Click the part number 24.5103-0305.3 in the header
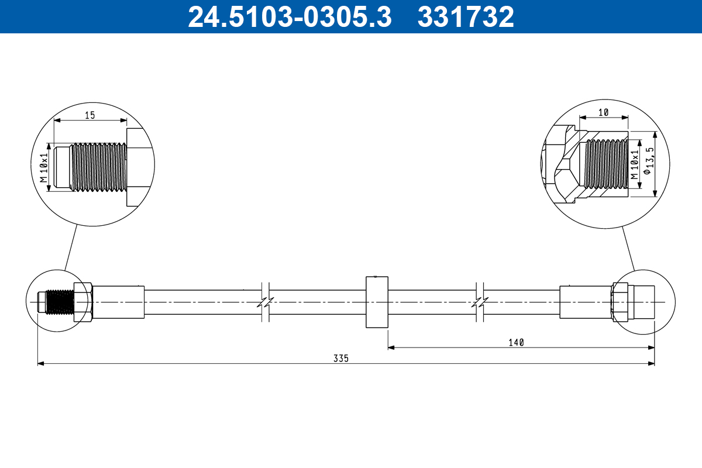(x=289, y=17)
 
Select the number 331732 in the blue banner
(x=466, y=17)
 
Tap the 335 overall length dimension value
(x=342, y=358)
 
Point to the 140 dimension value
(x=515, y=342)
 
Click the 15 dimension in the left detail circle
(x=90, y=115)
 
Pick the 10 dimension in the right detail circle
(x=603, y=112)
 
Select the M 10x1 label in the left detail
(x=43, y=167)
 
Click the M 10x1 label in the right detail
(x=634, y=164)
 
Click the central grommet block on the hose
(x=377, y=302)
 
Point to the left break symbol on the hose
(x=265, y=302)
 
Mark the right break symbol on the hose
(x=480, y=302)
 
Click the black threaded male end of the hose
(x=60, y=302)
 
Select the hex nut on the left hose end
(x=82, y=302)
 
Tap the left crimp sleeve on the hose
(x=118, y=302)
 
